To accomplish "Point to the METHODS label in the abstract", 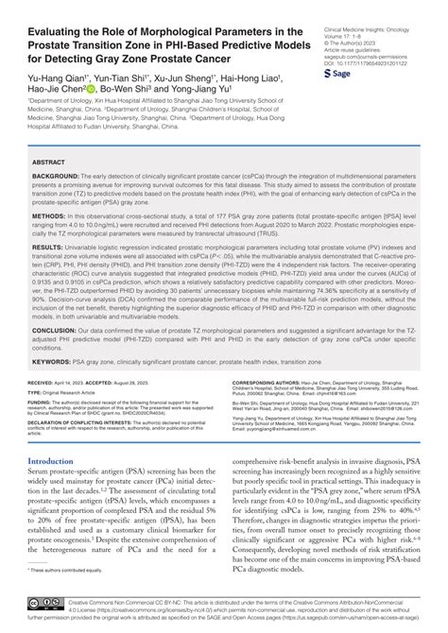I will [x=48, y=215].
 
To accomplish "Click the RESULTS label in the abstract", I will [x=48, y=246].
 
